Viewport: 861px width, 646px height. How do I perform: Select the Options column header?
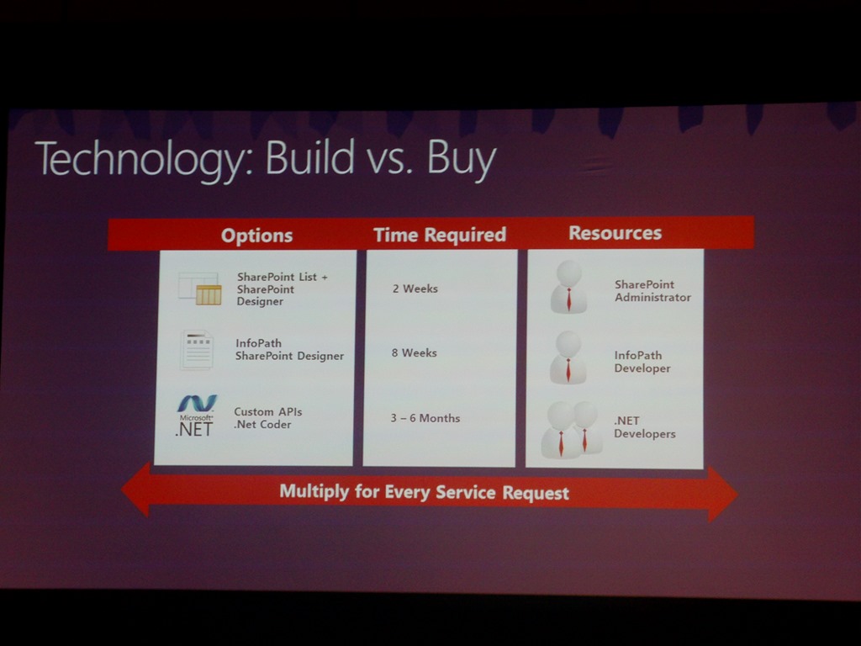pyautogui.click(x=257, y=236)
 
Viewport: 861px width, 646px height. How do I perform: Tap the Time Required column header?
pyautogui.click(x=440, y=235)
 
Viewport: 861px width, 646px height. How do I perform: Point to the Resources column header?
pyautogui.click(x=615, y=233)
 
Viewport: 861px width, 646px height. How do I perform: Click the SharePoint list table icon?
pyautogui.click(x=200, y=289)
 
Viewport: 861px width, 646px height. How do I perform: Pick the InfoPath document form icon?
pyautogui.click(x=196, y=350)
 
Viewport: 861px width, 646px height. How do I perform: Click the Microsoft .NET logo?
pyautogui.click(x=196, y=416)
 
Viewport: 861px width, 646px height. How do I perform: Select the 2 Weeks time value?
pyautogui.click(x=415, y=289)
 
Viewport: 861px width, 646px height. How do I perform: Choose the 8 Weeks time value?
pyautogui.click(x=415, y=352)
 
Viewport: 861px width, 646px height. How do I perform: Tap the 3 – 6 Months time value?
pyautogui.click(x=425, y=418)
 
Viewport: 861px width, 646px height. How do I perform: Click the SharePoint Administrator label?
pyautogui.click(x=652, y=290)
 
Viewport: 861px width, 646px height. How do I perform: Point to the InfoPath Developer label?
pyautogui.click(x=642, y=362)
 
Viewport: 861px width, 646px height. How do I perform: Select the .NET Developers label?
pyautogui.click(x=645, y=426)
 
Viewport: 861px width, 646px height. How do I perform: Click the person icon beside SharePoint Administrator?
pyautogui.click(x=569, y=287)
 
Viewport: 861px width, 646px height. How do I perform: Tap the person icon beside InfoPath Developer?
pyautogui.click(x=568, y=357)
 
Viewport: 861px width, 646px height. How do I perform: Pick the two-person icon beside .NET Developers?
pyautogui.click(x=571, y=430)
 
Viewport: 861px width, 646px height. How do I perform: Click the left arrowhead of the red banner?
pyautogui.click(x=136, y=490)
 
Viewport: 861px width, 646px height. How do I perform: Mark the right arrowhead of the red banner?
pyautogui.click(x=722, y=494)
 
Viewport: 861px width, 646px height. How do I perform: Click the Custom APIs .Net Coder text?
pyautogui.click(x=268, y=418)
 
